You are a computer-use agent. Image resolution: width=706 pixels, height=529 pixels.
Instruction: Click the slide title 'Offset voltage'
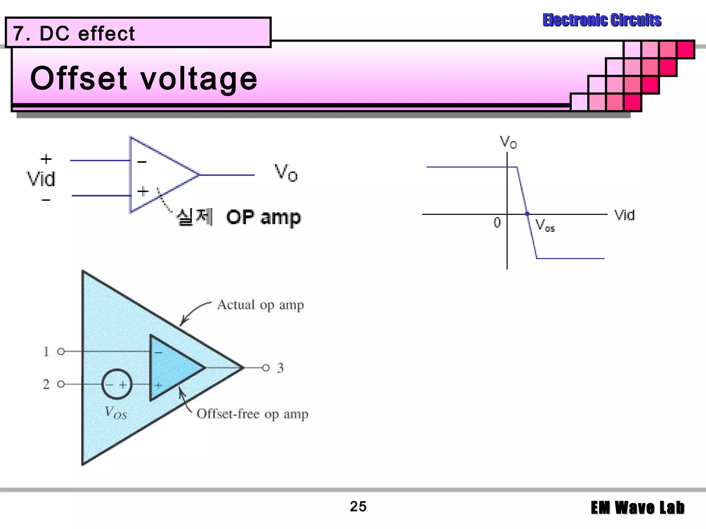(144, 79)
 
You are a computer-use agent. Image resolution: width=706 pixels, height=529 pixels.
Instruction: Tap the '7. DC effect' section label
(74, 33)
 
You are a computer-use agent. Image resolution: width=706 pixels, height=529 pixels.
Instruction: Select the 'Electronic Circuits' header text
(602, 20)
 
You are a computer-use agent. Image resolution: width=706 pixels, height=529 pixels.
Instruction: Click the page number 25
(358, 507)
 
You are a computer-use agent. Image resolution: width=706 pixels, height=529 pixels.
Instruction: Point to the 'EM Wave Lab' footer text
(637, 508)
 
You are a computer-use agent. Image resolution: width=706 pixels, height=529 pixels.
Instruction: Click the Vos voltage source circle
(117, 384)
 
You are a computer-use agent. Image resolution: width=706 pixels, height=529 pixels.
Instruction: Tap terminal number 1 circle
(61, 351)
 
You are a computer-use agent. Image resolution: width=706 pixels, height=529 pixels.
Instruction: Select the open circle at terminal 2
(61, 384)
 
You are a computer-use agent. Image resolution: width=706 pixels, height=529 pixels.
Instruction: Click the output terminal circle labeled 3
(265, 368)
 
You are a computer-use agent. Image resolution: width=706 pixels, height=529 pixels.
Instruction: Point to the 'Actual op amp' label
(260, 305)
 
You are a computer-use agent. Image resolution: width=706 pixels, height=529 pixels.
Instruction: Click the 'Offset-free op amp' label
(252, 414)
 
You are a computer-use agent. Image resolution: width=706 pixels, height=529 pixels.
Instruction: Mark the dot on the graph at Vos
(527, 214)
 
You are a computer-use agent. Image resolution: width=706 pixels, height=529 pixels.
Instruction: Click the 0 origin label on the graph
(497, 223)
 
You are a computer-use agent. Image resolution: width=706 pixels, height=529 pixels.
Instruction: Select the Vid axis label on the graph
(624, 215)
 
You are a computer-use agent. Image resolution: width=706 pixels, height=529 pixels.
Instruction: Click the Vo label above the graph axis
(508, 142)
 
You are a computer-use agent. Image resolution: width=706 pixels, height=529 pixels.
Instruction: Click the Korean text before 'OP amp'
(194, 217)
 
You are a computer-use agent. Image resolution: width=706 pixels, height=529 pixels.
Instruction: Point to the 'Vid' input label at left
(41, 179)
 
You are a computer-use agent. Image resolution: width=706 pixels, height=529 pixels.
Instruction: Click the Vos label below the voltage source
(116, 413)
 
